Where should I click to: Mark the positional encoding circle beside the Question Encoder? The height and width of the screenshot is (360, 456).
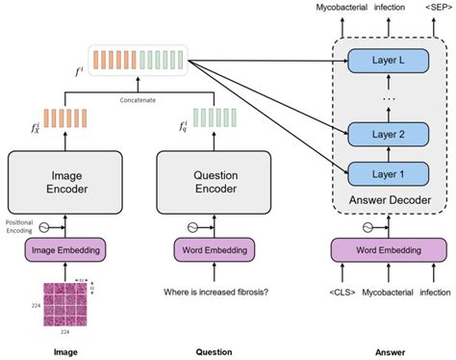click(168, 227)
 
